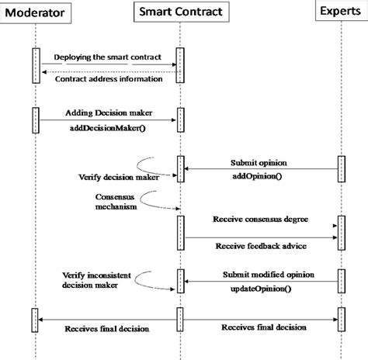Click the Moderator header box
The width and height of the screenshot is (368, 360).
(x=36, y=12)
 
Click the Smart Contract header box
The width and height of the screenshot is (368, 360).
(x=179, y=12)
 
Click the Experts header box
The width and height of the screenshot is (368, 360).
(x=339, y=12)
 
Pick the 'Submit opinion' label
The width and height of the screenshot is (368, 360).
(x=259, y=163)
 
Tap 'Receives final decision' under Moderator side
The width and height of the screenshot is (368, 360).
(x=106, y=329)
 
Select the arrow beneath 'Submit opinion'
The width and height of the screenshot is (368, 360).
(x=259, y=169)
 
